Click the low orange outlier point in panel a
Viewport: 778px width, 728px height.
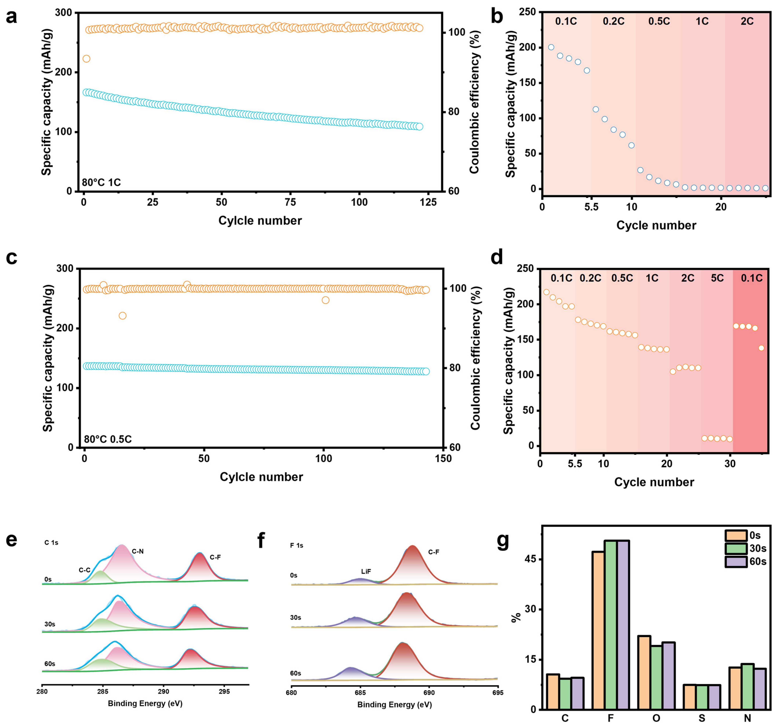86,59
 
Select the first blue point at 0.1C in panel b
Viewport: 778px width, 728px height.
551,47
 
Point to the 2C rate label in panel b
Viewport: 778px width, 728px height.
747,21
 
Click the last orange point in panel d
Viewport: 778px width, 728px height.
761,348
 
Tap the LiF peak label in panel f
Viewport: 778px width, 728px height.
366,571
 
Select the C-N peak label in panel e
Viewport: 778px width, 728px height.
138,551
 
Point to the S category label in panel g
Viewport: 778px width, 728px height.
702,718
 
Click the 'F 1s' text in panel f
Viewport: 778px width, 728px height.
297,545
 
